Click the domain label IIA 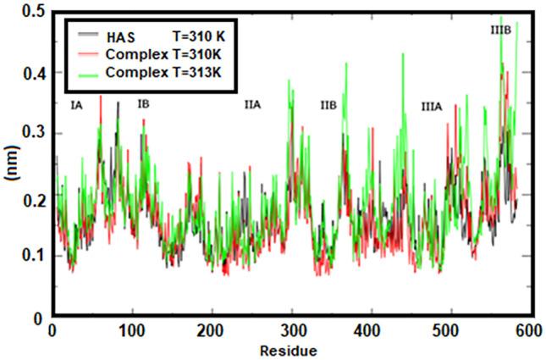[251, 105]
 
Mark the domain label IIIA [432, 107]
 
